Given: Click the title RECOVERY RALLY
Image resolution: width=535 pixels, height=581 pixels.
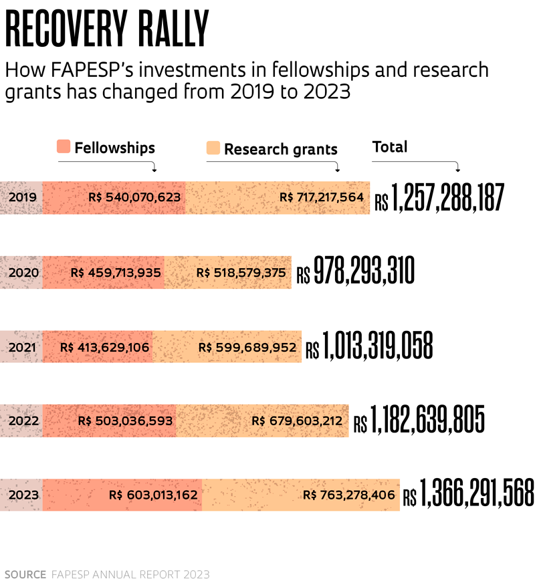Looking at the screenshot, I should [108, 30].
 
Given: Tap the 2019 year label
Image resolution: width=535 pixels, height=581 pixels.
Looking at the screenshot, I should [23, 197].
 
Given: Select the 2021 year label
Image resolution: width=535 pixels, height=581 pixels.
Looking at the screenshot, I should [23, 347].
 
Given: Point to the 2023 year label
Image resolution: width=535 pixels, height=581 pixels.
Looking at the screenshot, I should [23, 495].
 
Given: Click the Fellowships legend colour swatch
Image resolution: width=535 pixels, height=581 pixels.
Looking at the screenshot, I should [64, 148].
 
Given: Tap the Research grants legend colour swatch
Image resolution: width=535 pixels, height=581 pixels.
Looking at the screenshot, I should [213, 149].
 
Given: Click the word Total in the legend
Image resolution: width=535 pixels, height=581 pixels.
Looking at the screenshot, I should [389, 146].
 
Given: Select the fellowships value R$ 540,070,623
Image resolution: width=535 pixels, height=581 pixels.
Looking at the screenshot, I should [135, 197].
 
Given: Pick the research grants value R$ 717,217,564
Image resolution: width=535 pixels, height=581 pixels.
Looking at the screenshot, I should [322, 197].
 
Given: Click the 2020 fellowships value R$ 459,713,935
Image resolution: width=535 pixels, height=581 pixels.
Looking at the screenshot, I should [116, 273].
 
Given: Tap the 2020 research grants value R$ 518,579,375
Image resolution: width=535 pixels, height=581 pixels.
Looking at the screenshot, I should [241, 273].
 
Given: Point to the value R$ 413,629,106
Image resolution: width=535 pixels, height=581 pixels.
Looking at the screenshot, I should [105, 347].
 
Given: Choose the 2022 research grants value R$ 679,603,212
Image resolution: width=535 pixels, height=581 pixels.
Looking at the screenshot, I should [297, 421].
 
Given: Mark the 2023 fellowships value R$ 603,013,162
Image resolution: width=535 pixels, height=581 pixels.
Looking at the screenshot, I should [153, 495].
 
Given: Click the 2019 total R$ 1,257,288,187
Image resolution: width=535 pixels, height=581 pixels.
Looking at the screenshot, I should [439, 199].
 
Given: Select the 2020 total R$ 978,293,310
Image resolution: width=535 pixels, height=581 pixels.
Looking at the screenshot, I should [355, 273].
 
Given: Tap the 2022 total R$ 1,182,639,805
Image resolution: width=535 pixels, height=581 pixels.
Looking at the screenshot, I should [419, 421].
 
